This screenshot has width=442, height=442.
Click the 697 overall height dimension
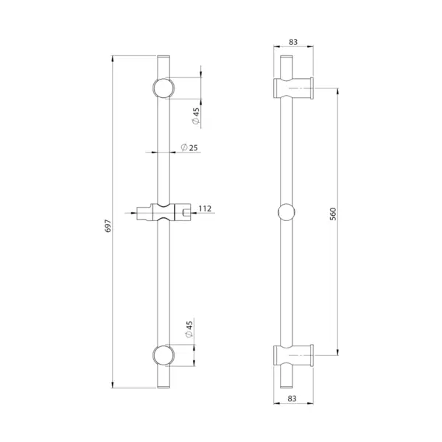pos(108,226)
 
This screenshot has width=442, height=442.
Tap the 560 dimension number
pos(333,214)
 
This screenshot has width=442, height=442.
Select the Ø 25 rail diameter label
pos(189,147)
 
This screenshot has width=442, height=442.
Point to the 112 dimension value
pos(205,208)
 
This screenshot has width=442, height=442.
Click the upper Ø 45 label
pos(196,116)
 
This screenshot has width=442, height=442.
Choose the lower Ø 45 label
pos(189,329)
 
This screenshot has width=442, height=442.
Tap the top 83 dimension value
pos(293,42)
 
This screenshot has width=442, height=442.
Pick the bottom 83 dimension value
pos(292,399)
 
